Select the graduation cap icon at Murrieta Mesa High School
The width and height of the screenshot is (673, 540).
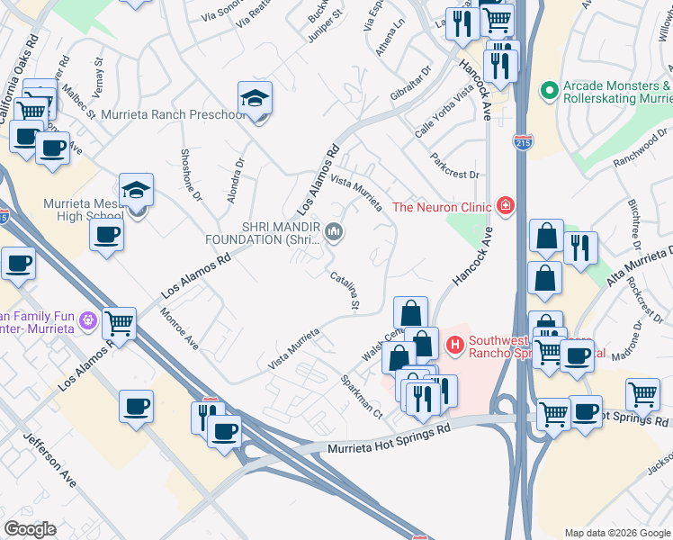click(136, 190)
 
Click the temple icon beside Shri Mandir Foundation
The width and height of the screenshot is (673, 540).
click(335, 233)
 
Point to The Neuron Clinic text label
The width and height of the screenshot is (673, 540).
click(442, 207)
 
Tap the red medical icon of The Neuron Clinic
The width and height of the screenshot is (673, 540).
click(507, 207)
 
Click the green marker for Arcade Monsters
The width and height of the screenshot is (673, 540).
click(547, 90)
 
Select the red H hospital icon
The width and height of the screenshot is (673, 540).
click(454, 343)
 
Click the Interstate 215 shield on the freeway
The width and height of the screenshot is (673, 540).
click(522, 141)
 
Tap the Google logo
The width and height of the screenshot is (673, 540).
click(30, 528)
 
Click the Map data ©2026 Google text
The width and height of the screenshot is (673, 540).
click(616, 533)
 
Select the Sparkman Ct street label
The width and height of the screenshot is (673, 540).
click(361, 397)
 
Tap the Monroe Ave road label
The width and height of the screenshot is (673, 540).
click(178, 328)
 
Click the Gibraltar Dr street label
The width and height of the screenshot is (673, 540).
click(412, 81)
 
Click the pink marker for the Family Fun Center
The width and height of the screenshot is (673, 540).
click(87, 319)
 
